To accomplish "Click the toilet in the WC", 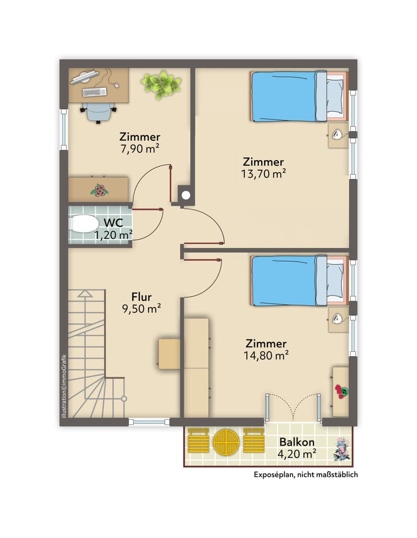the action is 83,224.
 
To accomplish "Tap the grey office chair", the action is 99,112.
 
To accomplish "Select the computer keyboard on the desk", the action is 95,92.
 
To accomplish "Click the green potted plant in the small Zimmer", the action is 161,84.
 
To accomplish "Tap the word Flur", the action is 142,297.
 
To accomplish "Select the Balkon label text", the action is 297,442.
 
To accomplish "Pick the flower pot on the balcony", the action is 342,449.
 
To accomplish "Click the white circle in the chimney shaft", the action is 186,195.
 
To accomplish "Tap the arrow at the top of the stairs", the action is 85,294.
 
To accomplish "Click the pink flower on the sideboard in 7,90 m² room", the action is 100,190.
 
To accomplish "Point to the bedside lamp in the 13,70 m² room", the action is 337,134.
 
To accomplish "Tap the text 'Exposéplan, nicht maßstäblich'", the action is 306,474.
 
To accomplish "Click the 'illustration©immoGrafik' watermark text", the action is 64,386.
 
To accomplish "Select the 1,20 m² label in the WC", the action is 114,235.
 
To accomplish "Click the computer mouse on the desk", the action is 116,85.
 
